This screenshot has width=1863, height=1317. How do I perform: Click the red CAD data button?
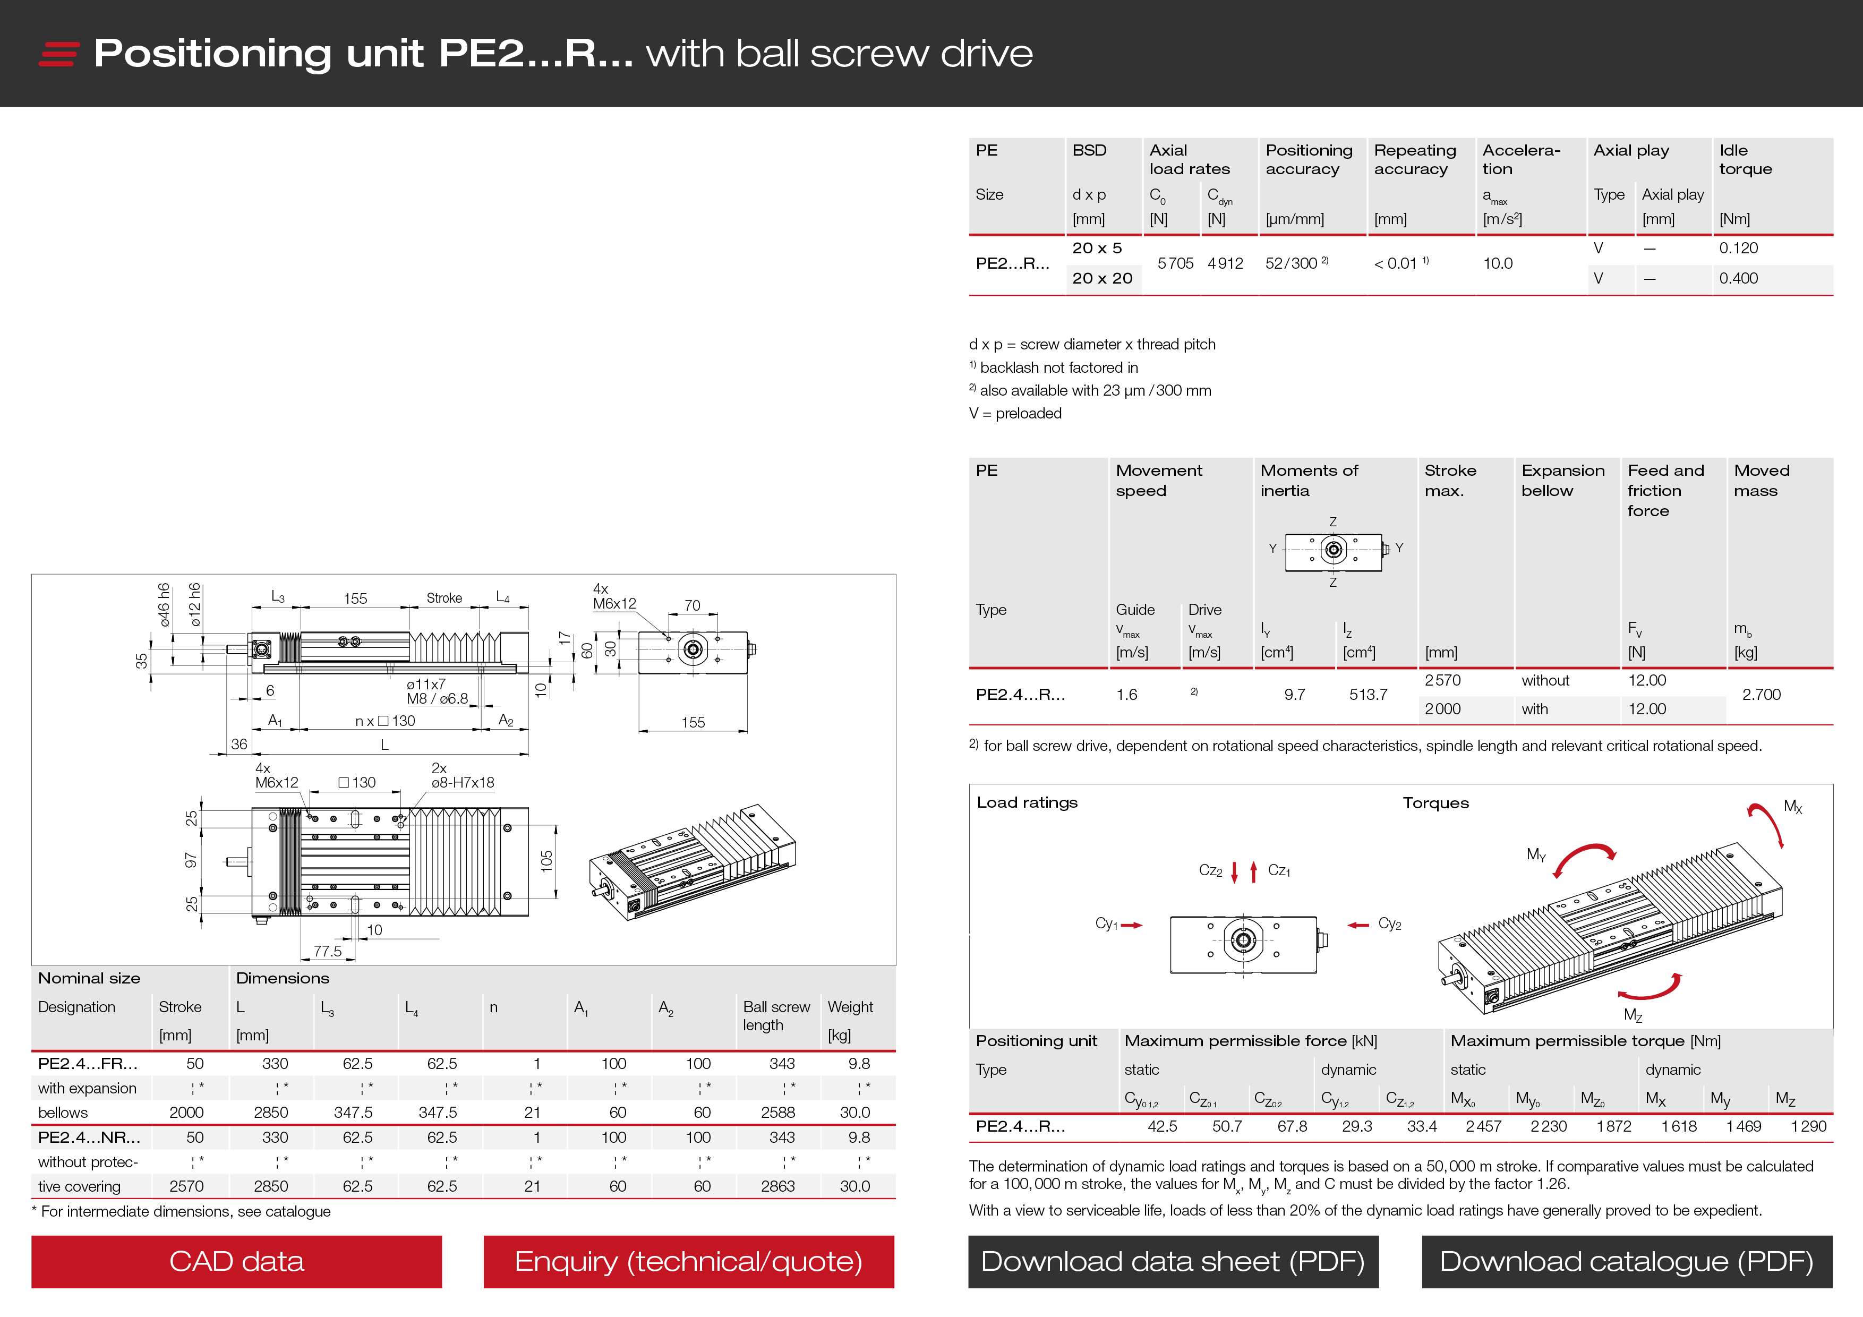coord(236,1261)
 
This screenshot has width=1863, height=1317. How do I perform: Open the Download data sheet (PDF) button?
coord(1173,1261)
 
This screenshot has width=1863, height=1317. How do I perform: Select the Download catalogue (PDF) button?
coord(1626,1261)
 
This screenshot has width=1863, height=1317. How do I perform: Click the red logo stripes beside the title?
coord(58,54)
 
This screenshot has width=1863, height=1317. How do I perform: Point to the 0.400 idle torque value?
coord(1738,278)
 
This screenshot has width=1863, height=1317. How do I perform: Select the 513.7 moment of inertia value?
coord(1368,695)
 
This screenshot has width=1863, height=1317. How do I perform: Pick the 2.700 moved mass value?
coord(1761,695)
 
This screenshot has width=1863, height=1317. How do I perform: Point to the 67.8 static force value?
coord(1292,1126)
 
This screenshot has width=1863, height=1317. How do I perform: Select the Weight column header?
coord(850,1007)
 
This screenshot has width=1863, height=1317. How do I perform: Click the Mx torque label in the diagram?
coord(1792,807)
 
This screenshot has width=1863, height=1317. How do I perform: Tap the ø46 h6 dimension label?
coord(164,605)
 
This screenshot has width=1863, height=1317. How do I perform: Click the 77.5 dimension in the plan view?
coord(328,951)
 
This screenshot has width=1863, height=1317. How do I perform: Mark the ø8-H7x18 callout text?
coord(463,783)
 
